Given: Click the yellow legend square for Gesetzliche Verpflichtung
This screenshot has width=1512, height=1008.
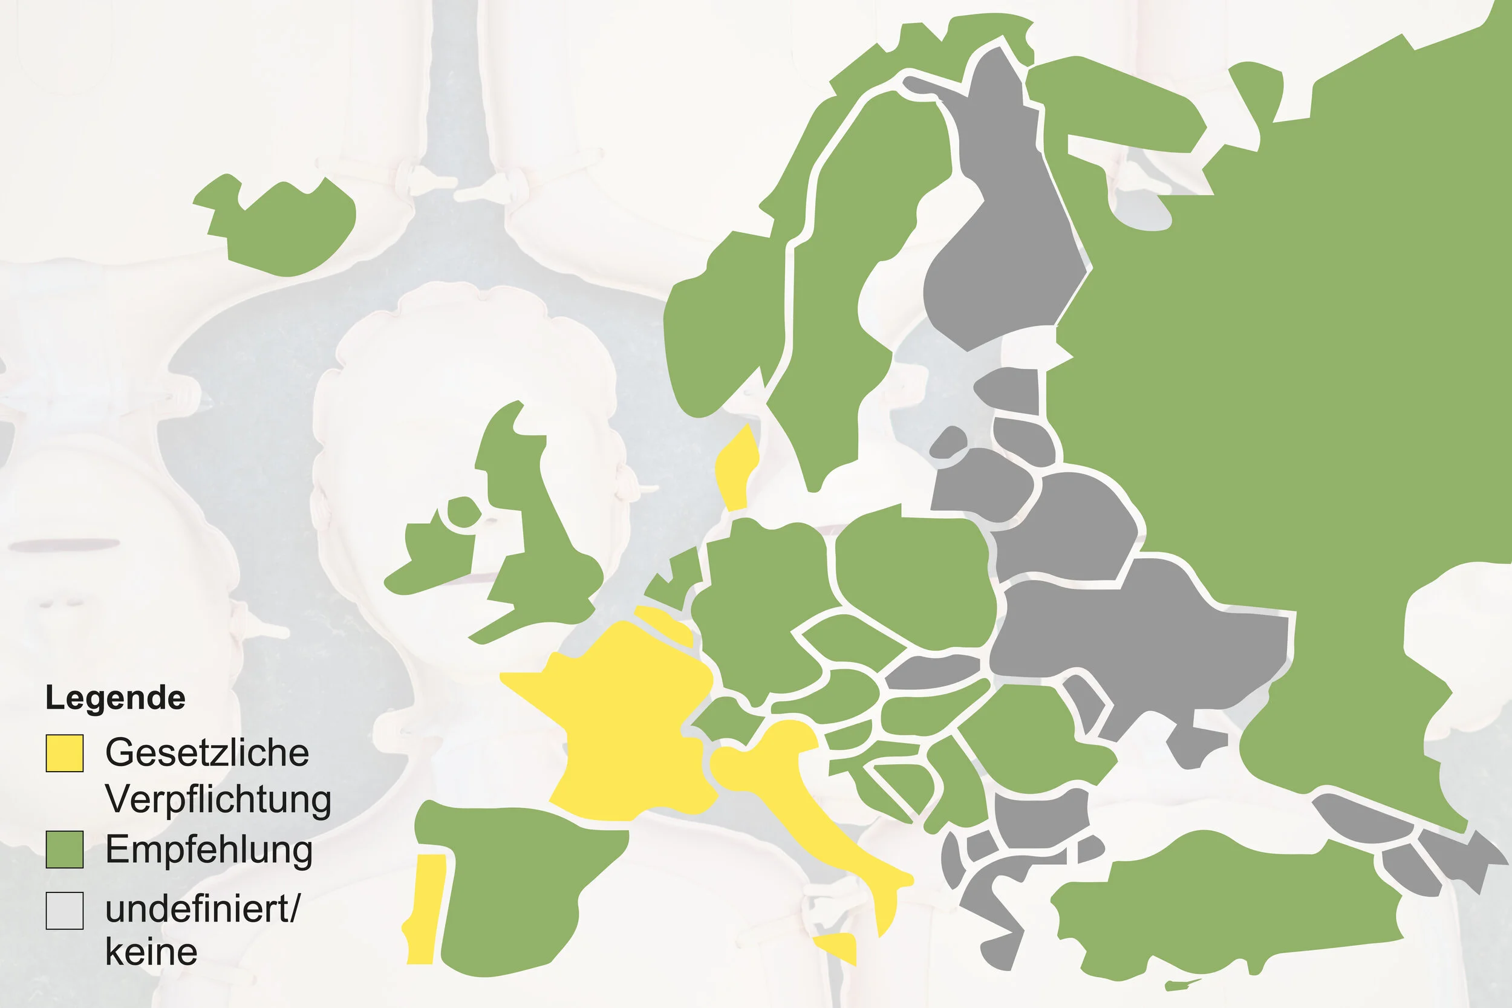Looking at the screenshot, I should click(x=64, y=753).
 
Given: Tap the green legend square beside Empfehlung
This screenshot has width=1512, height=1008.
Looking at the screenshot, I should click(x=64, y=849).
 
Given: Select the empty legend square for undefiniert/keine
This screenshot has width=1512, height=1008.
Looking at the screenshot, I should click(x=64, y=910).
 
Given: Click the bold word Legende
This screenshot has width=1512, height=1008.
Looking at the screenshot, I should click(x=115, y=698).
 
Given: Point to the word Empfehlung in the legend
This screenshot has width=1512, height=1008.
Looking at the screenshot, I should click(x=209, y=849).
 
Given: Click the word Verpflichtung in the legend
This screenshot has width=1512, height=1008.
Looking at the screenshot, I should click(x=218, y=799).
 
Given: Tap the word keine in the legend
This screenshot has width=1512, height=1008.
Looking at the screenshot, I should click(x=151, y=951).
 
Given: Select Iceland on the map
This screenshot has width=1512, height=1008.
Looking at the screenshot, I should click(x=289, y=225).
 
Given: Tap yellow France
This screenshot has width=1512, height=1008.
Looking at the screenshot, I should click(x=624, y=720).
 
